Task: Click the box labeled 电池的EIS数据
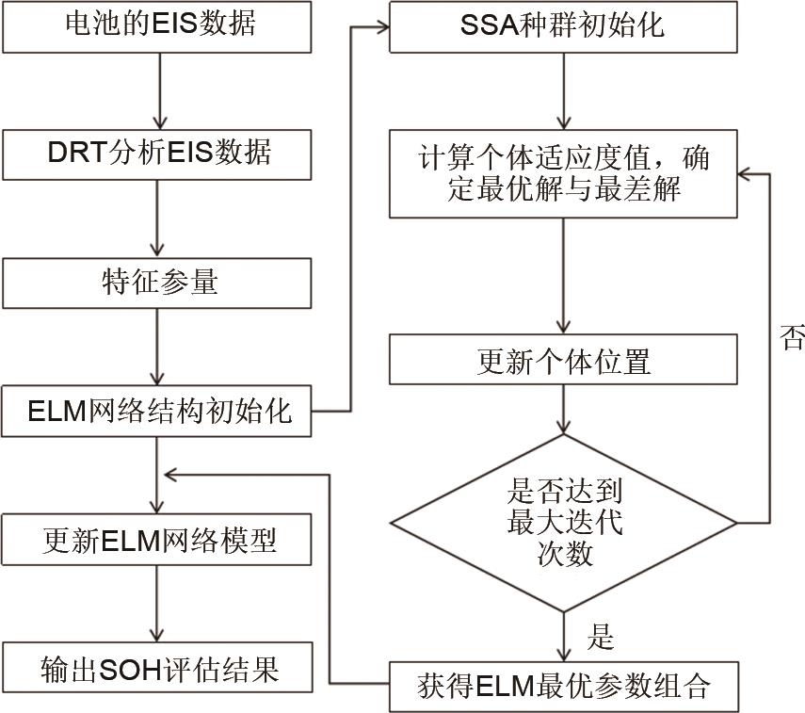[156, 25]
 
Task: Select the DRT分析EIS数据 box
[156, 154]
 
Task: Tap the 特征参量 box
[156, 283]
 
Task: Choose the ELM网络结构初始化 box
[156, 411]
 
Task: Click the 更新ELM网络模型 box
[156, 540]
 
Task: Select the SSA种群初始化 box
[563, 25]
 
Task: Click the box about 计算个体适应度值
[563, 173]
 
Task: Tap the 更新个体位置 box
[563, 360]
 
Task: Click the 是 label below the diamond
[600, 638]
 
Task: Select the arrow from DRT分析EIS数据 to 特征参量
[156, 219]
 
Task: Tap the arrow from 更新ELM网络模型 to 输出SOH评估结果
[156, 604]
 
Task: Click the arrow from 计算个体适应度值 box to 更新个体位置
[563, 276]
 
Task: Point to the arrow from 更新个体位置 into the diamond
[563, 409]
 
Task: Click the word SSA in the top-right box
[485, 25]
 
